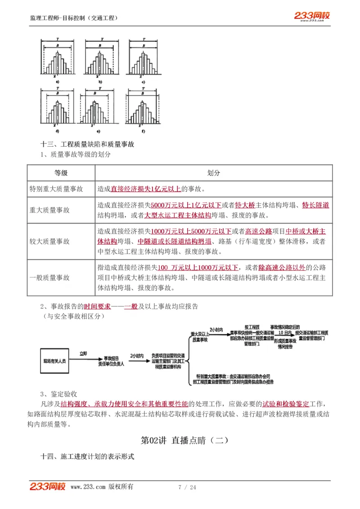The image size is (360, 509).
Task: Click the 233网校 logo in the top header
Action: pos(312,16)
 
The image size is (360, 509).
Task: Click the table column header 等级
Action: pos(61,173)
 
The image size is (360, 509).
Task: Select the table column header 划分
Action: pos(214,173)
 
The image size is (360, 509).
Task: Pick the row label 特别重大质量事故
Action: pos(56,189)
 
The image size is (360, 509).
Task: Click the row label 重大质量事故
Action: pos(50,210)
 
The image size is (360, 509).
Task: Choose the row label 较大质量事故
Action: pos(50,241)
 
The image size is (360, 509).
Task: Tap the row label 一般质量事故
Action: pos(50,278)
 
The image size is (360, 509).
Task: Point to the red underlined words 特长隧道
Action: pos(315,205)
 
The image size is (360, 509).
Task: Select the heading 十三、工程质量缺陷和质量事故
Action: pos(87,144)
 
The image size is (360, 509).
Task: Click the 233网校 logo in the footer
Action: pos(47,487)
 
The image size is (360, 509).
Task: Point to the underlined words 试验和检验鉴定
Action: pos(290,403)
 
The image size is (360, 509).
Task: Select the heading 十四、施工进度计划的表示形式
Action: pos(87,456)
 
